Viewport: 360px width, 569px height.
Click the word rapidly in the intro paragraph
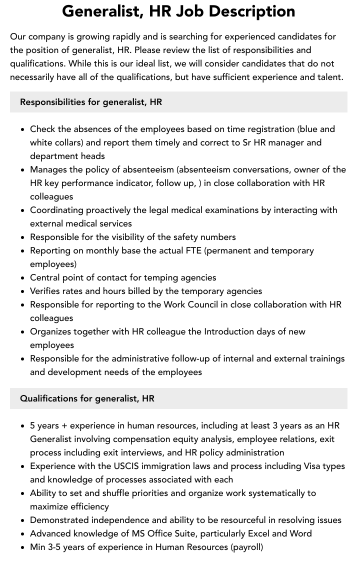[132, 36]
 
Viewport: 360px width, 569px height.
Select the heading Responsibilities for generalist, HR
[91, 102]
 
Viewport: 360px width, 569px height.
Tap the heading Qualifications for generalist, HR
[87, 398]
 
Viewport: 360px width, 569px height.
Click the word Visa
[314, 466]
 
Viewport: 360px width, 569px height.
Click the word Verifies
[47, 291]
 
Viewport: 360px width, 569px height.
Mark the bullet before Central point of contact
[22, 278]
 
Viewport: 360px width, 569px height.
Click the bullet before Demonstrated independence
[22, 520]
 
